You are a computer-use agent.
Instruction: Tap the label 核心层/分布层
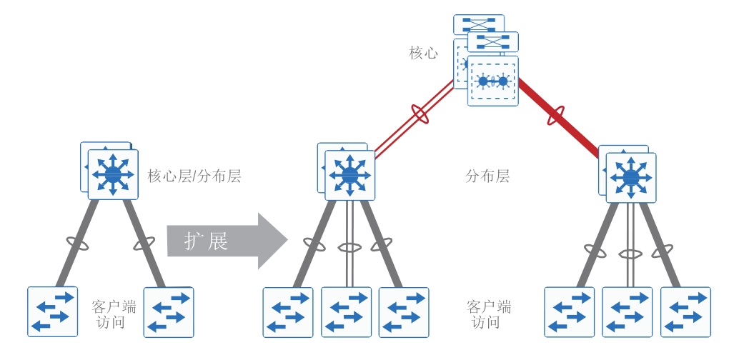coord(194,176)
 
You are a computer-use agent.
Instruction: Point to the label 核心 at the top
coord(423,53)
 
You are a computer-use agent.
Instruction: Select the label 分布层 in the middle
coord(487,176)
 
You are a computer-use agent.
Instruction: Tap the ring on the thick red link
coord(556,115)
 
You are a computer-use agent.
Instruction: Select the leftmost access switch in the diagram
coord(52,311)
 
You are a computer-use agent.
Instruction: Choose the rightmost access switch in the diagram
coord(685,311)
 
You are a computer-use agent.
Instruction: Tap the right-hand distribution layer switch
coord(630,177)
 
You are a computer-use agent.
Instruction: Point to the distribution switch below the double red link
coord(349,175)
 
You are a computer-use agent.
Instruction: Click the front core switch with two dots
coord(492,81)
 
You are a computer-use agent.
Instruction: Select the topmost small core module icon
coord(479,24)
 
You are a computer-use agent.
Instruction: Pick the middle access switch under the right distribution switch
coord(627,311)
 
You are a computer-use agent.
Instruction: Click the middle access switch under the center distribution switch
coord(346,311)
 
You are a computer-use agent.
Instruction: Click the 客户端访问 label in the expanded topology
coord(488,314)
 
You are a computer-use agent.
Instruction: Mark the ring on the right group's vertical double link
coord(630,254)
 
